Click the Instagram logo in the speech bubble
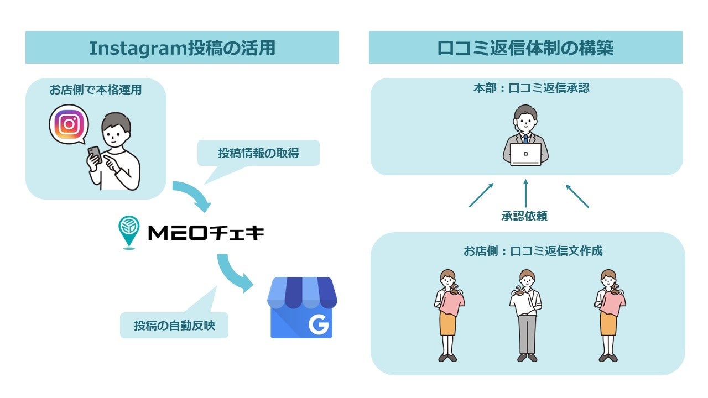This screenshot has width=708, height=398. click(69, 124)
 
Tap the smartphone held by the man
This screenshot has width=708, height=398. click(94, 154)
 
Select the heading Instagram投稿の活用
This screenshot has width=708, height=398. click(182, 48)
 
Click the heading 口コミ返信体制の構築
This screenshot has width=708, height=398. click(525, 48)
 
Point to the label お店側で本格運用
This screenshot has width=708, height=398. click(95, 90)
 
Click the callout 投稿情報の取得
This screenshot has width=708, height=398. click(258, 153)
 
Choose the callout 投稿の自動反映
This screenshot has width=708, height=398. click(174, 326)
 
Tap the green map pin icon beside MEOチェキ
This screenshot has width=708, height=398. click(128, 232)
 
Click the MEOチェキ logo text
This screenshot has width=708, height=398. click(206, 233)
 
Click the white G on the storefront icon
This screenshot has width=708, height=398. click(318, 326)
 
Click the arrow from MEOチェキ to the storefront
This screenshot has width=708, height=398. click(235, 274)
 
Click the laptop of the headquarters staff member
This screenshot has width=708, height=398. click(525, 154)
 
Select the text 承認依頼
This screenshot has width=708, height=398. click(524, 217)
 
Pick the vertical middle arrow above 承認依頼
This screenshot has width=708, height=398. click(525, 193)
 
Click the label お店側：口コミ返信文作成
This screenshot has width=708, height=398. click(533, 251)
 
